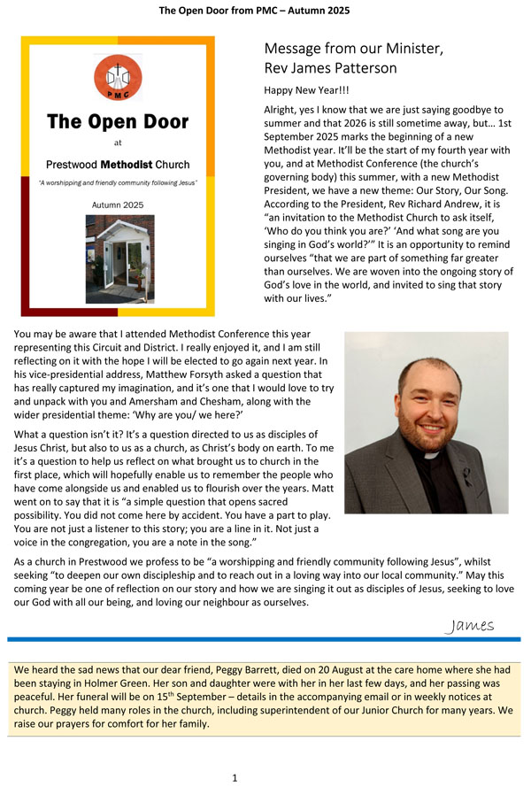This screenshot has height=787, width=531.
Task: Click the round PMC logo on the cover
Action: pyautogui.click(x=118, y=77)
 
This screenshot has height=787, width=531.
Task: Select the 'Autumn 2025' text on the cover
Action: pyautogui.click(x=118, y=205)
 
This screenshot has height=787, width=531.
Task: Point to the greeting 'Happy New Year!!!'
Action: pyautogui.click(x=301, y=90)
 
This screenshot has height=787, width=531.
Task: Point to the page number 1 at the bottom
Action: pyautogui.click(x=235, y=778)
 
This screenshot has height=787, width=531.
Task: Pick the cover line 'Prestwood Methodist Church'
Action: pyautogui.click(x=118, y=165)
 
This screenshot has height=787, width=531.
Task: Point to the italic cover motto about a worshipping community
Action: pyautogui.click(x=118, y=183)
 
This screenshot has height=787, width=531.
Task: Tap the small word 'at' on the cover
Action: pyautogui.click(x=118, y=142)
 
